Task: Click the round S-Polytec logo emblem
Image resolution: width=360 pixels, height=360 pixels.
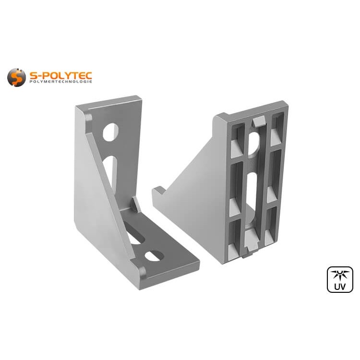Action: click(x=16, y=77)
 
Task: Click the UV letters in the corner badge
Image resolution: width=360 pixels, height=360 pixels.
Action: click(x=340, y=286)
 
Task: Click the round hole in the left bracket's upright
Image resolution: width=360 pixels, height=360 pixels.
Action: click(x=110, y=132)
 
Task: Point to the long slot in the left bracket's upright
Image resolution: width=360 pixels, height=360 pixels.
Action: click(x=110, y=170)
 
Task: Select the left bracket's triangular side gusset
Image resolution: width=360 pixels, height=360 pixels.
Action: click(x=96, y=187)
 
